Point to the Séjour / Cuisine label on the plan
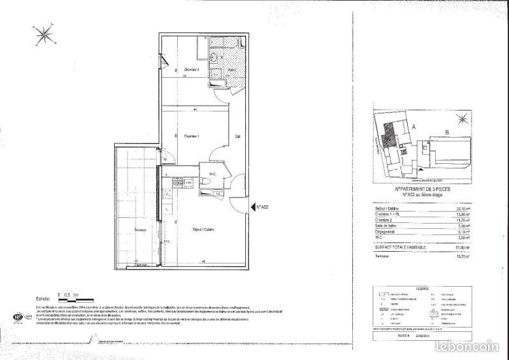point(203,229)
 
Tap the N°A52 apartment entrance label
point(264,206)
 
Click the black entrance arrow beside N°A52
point(254,206)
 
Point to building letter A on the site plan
point(413,127)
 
